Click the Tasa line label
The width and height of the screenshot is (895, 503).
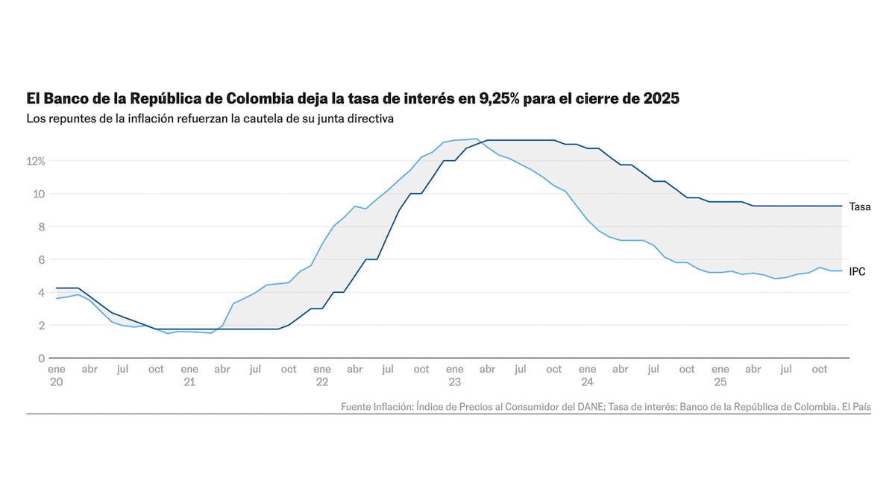(859, 207)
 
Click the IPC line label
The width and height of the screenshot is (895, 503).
(857, 272)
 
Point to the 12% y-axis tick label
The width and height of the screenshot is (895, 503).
(37, 161)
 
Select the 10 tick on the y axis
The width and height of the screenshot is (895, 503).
(40, 194)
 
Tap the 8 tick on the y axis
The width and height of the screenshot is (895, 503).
(42, 227)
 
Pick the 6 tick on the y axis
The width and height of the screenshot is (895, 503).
(42, 259)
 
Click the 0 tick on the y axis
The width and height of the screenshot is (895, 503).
(42, 358)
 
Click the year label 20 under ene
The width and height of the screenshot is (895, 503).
(56, 382)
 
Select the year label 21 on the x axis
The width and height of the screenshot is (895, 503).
(189, 382)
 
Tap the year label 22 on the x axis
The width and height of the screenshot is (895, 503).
(322, 382)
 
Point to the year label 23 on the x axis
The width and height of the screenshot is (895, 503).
(454, 382)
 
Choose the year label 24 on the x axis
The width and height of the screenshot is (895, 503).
(587, 382)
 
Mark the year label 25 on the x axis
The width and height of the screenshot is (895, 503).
(720, 382)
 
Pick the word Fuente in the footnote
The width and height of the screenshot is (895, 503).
(357, 407)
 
